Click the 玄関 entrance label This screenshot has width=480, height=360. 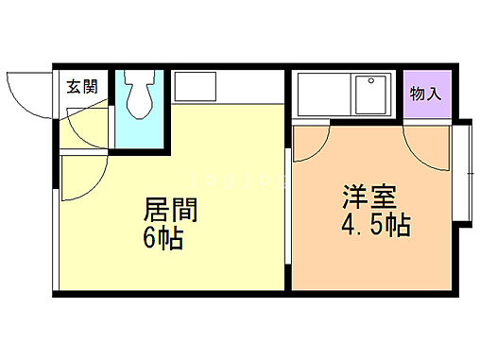82,87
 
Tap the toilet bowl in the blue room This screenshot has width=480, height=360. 141,97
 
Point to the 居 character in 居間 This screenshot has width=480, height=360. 157,207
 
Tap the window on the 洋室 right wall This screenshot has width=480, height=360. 465,171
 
